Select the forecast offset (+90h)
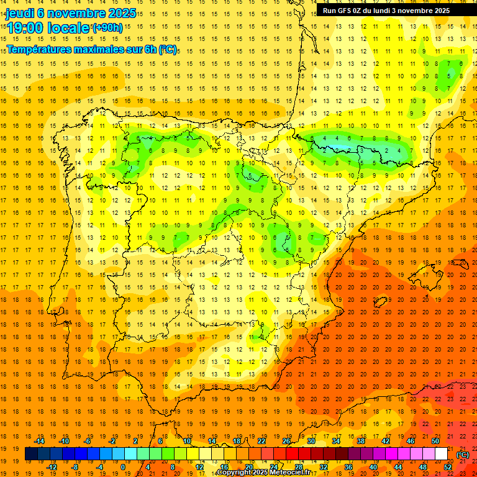point(107,28)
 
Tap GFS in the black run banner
point(343,11)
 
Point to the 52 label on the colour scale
point(448,467)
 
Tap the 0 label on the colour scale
point(123,467)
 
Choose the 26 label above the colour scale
point(286,441)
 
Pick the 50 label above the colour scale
point(435,441)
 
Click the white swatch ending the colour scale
point(441,454)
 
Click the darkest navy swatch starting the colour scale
point(31,454)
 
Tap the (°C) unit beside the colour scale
point(462,454)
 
